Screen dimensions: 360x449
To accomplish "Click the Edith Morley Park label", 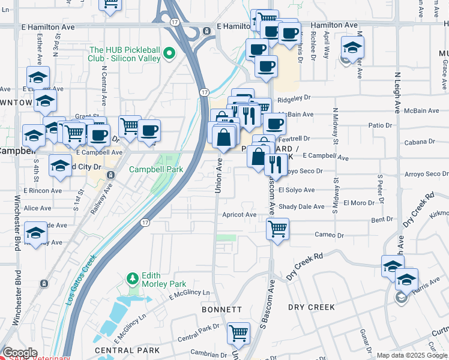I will pos(163,280).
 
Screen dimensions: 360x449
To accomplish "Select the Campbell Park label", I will pos(156,170).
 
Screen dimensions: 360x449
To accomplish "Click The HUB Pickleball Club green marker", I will pos(169,54).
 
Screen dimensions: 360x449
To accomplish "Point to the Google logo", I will pos(20,353).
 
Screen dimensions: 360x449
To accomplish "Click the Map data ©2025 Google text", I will pos(412,355).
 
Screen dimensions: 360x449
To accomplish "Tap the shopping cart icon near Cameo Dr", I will pos(277,229).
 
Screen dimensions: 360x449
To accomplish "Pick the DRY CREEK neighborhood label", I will pos(311,307).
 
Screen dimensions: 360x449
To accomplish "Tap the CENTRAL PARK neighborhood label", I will pos(127,350).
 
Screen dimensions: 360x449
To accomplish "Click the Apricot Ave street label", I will pos(239,215).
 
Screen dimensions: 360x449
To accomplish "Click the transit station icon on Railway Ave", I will pos(110,175).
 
